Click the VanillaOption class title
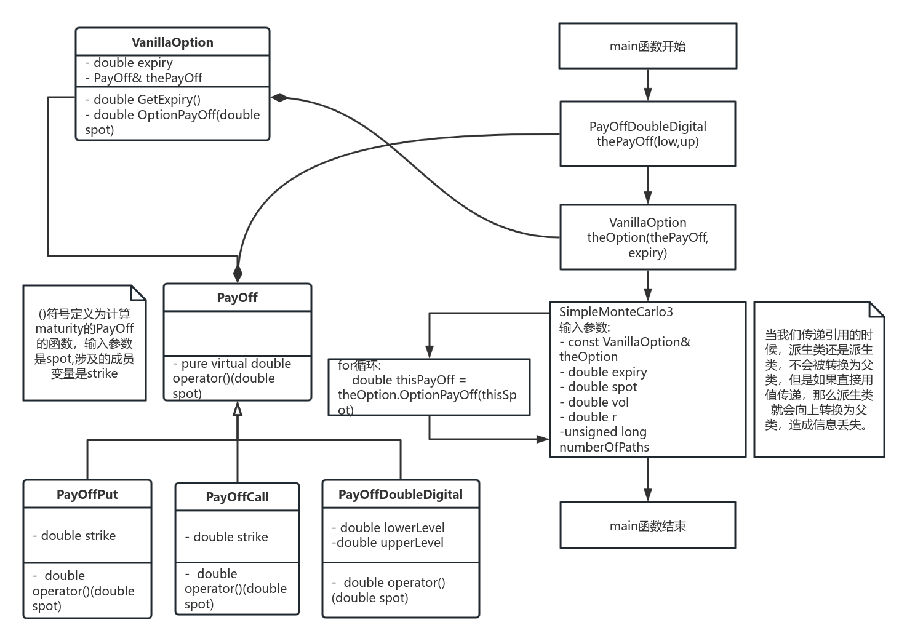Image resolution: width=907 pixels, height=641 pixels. (172, 42)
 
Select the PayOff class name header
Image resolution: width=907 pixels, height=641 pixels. (237, 298)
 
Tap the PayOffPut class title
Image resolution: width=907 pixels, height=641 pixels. (87, 495)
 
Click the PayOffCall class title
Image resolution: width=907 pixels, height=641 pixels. (237, 497)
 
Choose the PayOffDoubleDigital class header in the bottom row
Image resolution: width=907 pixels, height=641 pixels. (400, 495)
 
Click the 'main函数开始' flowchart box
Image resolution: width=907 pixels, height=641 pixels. (647, 46)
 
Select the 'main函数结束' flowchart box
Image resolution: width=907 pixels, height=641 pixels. (647, 526)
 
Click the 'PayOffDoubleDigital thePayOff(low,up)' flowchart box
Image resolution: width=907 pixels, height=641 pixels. (647, 134)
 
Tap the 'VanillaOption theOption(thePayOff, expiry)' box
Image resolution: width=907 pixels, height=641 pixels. (647, 237)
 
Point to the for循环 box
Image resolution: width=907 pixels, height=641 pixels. (429, 388)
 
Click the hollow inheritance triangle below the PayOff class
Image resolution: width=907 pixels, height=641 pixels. (238, 409)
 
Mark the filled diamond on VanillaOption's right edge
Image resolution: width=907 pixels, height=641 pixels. (281, 97)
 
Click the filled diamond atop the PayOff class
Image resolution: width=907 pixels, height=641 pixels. (238, 274)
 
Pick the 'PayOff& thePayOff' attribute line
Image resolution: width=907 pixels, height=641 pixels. (148, 78)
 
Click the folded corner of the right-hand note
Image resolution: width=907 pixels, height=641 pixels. (877, 309)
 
